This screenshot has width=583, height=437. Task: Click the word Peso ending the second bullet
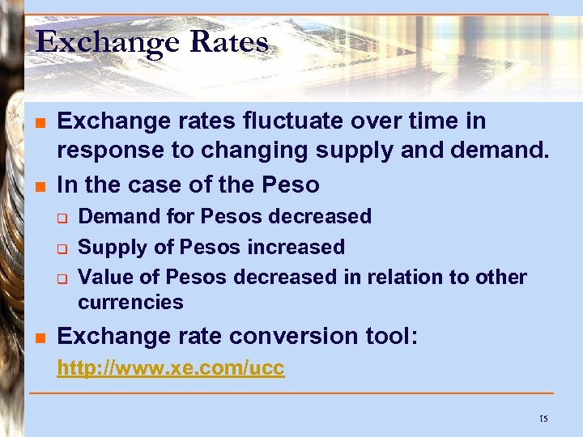291,185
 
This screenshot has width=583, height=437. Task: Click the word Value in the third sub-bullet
104,277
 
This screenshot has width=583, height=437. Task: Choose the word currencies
130,303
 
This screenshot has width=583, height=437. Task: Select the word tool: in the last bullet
391,336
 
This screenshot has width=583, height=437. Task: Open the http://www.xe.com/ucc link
170,368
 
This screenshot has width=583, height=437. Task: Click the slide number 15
543,418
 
